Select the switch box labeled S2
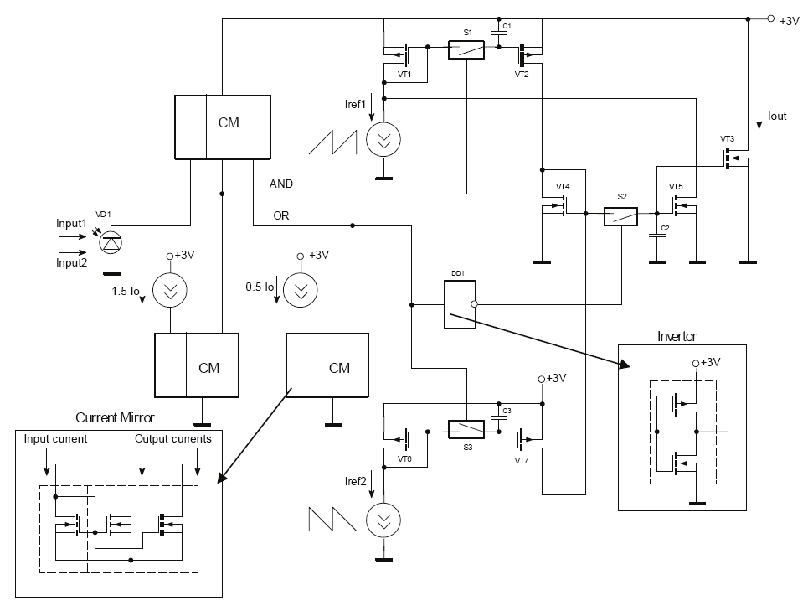point(621,216)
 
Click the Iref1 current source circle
point(383,140)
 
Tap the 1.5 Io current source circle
point(170,291)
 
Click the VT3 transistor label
point(727,138)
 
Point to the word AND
point(281,184)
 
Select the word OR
point(281,215)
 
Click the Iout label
point(776,116)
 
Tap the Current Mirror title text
point(115,417)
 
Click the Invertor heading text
point(677,337)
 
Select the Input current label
point(55,438)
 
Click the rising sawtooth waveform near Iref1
point(332,141)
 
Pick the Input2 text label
point(71,262)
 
